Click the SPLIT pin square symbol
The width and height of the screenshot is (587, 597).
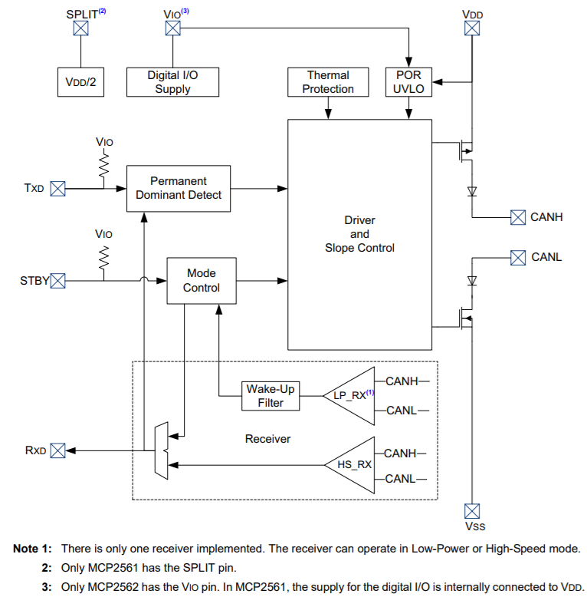coord(80,28)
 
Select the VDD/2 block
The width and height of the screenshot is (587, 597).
coord(80,82)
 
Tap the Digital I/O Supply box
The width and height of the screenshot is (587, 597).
coord(172,82)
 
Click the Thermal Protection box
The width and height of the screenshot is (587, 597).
coord(328,82)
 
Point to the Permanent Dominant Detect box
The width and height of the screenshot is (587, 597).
coord(179,188)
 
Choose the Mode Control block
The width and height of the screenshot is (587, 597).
coord(202,281)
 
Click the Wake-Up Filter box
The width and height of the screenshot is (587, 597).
coord(271,396)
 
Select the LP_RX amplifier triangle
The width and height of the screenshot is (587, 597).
coord(351,395)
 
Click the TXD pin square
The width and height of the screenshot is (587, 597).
coord(57,188)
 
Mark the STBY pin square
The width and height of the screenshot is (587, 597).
coord(57,281)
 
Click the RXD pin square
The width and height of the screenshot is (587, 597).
coord(57,450)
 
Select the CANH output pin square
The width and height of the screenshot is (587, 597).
coord(518,217)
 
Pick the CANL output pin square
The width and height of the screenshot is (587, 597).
coord(518,256)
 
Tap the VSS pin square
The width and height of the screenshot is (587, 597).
coord(473,510)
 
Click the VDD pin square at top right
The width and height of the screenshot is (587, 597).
coord(473,28)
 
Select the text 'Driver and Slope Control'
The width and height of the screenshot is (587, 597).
coord(359,234)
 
